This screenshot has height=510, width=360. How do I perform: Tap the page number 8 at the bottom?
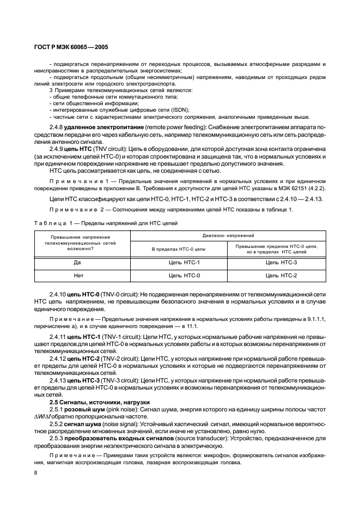pos(35,472)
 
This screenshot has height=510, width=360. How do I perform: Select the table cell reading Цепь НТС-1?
pos(184,262)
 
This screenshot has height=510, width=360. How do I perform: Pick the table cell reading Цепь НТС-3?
pos(281,262)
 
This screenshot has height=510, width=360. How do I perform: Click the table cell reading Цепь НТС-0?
pos(184,275)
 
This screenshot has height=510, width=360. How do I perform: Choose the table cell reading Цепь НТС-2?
pos(281,275)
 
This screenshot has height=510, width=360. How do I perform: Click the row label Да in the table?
pos(83,262)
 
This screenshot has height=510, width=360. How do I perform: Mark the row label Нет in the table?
pos(83,275)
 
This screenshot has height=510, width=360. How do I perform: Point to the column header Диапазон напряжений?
pos(233,236)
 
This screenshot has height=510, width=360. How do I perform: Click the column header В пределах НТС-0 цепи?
pos(184,249)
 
